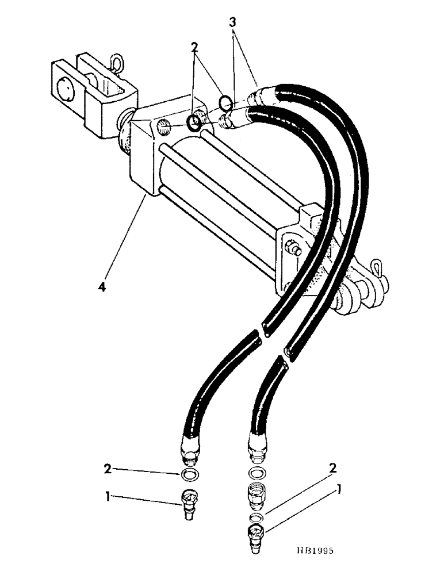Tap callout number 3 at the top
(232, 22)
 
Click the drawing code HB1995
(310, 550)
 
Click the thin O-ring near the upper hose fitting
(226, 103)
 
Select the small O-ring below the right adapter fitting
(258, 517)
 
